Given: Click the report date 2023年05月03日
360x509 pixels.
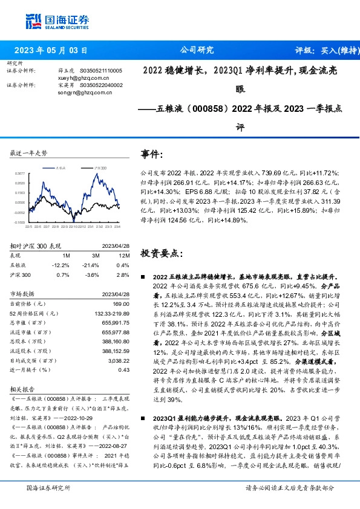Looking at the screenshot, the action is point(50,51).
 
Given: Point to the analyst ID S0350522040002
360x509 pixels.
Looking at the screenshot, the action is point(102,85).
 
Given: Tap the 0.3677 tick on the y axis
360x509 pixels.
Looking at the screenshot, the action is point(21,173).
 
